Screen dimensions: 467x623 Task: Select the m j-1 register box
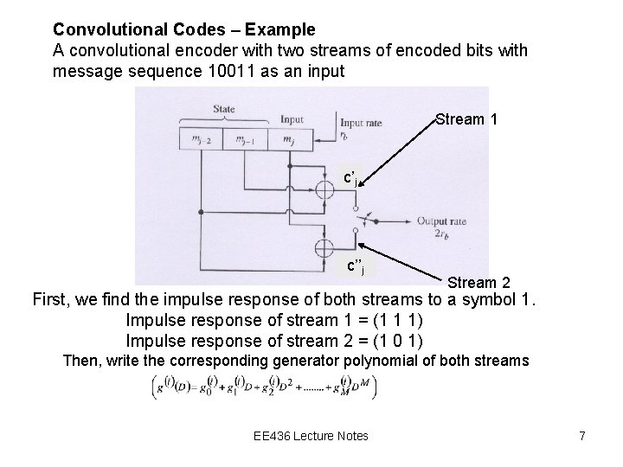(x=244, y=138)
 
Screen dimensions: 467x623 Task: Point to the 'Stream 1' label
(x=466, y=118)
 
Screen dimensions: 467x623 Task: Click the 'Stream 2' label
(x=478, y=282)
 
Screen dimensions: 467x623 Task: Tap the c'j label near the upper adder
(x=351, y=178)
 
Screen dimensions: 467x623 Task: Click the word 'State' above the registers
(x=224, y=108)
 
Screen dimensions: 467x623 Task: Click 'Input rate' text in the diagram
(x=363, y=122)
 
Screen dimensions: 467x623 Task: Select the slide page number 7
(x=582, y=436)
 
